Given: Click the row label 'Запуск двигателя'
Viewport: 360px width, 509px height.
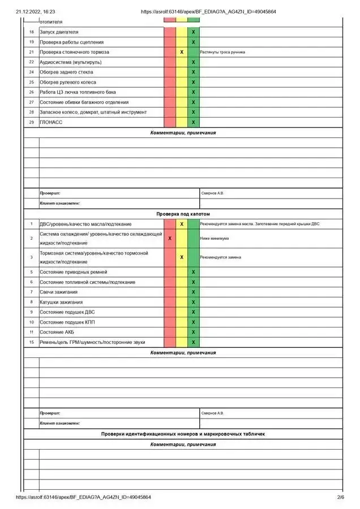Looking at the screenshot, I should click(59, 32).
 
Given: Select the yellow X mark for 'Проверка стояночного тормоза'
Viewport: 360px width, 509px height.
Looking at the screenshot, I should click(182, 52).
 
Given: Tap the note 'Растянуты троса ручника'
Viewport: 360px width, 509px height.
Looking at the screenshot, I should click(222, 52).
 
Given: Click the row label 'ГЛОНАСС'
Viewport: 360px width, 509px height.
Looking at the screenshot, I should click(51, 122).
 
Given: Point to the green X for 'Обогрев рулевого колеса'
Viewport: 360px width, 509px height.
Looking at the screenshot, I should click(194, 82).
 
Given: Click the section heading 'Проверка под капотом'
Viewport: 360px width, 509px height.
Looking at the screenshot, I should click(183, 214).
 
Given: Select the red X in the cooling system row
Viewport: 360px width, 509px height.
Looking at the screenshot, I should click(170, 239).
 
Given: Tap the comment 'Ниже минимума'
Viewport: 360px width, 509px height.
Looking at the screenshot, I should click(215, 239).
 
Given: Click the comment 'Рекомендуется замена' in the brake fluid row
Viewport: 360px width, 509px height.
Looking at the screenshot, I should click(221, 257).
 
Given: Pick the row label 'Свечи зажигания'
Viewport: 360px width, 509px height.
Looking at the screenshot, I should click(58, 292).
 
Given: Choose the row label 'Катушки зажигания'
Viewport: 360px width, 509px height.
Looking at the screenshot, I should click(61, 302).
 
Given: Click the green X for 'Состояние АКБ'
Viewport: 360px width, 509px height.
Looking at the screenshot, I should click(194, 332).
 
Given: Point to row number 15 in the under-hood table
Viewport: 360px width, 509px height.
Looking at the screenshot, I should click(32, 342).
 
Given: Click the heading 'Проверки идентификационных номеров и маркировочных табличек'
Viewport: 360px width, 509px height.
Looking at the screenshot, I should click(183, 434).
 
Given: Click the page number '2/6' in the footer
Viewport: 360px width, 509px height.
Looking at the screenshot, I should click(340, 498).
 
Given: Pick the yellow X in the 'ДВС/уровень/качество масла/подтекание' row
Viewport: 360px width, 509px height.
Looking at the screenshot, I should click(182, 225).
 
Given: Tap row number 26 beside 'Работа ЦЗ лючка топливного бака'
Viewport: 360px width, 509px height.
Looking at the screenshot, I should click(32, 92).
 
